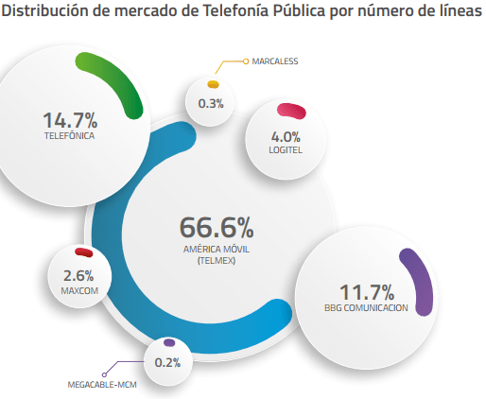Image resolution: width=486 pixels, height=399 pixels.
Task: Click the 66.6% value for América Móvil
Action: point(217,228)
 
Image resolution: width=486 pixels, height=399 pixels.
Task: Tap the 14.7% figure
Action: point(70,120)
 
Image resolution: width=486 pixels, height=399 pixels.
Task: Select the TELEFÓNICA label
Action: point(69,136)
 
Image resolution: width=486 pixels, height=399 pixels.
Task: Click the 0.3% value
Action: point(211,104)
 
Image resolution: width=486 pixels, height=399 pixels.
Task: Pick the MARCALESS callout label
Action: point(275,61)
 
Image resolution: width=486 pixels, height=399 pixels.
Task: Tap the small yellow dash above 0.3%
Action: point(213,84)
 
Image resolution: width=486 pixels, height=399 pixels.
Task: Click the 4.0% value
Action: point(286,137)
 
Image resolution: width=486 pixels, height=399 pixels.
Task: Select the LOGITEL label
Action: point(286,150)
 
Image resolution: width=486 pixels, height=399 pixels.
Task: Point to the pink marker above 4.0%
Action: point(291,112)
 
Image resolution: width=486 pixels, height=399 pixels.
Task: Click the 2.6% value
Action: point(78,276)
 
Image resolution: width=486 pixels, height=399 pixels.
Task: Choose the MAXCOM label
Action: point(79,290)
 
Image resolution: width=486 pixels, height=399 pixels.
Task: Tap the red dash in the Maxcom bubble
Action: point(84,252)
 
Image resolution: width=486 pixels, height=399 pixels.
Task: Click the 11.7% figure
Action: point(367,292)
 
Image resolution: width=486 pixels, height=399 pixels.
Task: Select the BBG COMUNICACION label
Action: point(366,307)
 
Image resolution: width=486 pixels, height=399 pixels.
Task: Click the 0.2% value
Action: point(167,362)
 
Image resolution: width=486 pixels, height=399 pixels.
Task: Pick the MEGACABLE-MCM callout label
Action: point(102,385)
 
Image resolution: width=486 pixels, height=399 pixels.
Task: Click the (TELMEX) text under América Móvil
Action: point(217,261)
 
